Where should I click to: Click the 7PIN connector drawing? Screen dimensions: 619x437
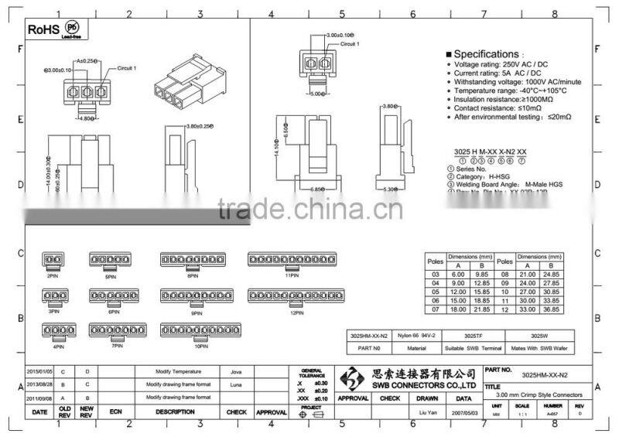[x=117, y=329]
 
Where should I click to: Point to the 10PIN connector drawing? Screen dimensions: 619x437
[x=201, y=330]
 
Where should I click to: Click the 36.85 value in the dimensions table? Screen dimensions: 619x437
[x=573, y=309]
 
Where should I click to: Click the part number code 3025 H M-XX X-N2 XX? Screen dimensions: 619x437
[x=493, y=152]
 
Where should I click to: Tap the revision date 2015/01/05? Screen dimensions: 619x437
[x=39, y=371]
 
